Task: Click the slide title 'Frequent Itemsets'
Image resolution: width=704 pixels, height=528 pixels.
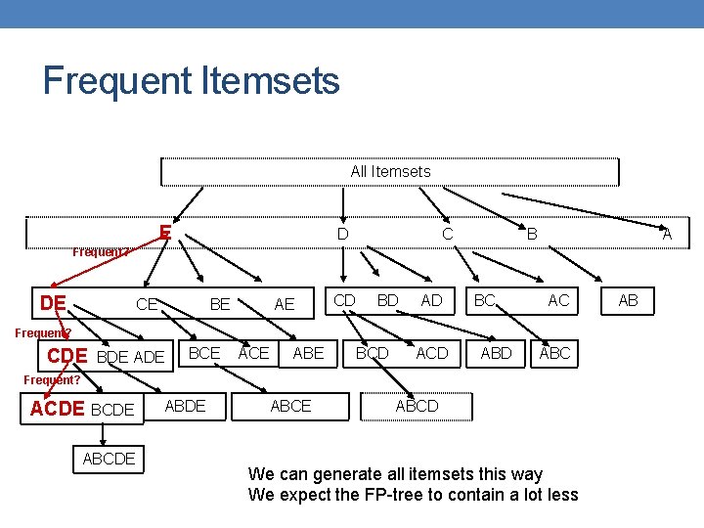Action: (191, 80)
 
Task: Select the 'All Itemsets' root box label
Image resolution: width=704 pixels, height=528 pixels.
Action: (390, 171)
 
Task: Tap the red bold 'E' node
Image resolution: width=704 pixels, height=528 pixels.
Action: (166, 233)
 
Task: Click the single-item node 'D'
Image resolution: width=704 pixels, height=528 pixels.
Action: (342, 235)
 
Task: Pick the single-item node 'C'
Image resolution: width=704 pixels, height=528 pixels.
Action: (447, 235)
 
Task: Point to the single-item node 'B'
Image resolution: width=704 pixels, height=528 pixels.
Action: (532, 235)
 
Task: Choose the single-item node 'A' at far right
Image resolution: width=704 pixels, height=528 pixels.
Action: (667, 235)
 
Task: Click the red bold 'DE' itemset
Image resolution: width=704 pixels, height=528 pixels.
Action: (53, 303)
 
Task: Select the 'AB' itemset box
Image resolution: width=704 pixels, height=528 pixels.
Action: (628, 301)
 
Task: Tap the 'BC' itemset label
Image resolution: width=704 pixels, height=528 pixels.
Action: (485, 300)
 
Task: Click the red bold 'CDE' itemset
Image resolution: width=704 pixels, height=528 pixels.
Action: (66, 356)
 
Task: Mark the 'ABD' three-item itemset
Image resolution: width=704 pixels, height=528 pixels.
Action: (496, 353)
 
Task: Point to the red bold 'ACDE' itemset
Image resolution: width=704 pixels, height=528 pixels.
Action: (58, 409)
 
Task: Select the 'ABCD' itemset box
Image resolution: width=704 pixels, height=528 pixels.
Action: (417, 406)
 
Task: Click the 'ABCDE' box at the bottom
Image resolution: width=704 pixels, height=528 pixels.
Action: (110, 459)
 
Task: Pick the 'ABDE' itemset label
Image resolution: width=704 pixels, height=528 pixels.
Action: (186, 406)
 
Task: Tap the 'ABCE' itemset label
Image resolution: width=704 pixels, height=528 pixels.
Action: (290, 406)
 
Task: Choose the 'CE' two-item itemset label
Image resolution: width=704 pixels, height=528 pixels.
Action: (147, 305)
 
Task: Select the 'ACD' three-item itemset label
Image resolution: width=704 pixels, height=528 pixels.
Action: (432, 353)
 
